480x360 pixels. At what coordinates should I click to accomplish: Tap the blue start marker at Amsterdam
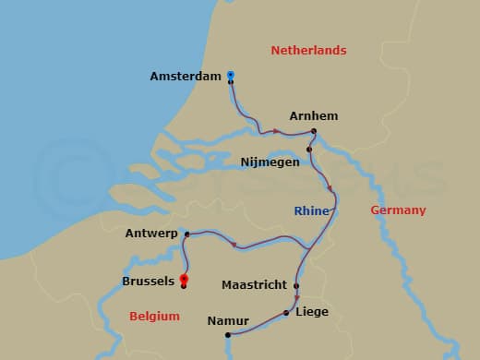point(230,75)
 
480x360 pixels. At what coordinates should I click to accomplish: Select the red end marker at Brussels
point(184,278)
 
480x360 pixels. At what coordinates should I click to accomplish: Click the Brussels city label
point(148,281)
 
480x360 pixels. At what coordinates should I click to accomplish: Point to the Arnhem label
point(313,116)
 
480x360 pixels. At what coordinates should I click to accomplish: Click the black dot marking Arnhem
point(314,131)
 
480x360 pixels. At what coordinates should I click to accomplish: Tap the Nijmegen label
point(270,162)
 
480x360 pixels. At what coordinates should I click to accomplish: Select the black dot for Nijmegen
point(309,149)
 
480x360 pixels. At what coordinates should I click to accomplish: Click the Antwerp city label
point(151,234)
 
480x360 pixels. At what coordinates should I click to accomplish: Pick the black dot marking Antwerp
point(187,234)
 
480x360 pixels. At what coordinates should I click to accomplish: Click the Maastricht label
point(254,285)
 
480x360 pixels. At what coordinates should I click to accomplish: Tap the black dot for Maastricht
point(296,285)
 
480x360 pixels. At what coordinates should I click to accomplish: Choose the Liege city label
point(312,312)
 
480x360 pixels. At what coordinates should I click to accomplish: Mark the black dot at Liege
point(287,313)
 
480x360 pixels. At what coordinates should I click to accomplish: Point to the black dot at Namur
point(227,334)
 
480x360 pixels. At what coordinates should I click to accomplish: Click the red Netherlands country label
point(308,51)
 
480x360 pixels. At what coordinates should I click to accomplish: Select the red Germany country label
point(398,210)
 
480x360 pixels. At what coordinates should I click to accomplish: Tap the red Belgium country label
point(154,317)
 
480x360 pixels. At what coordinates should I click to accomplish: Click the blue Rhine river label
point(311,211)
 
